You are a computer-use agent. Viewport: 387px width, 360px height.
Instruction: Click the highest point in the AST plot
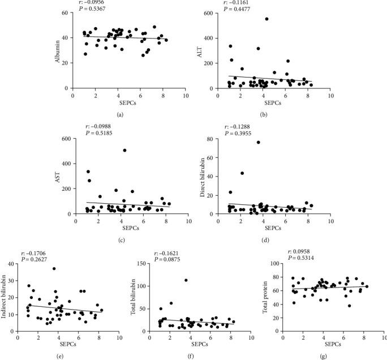tap(124, 151)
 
